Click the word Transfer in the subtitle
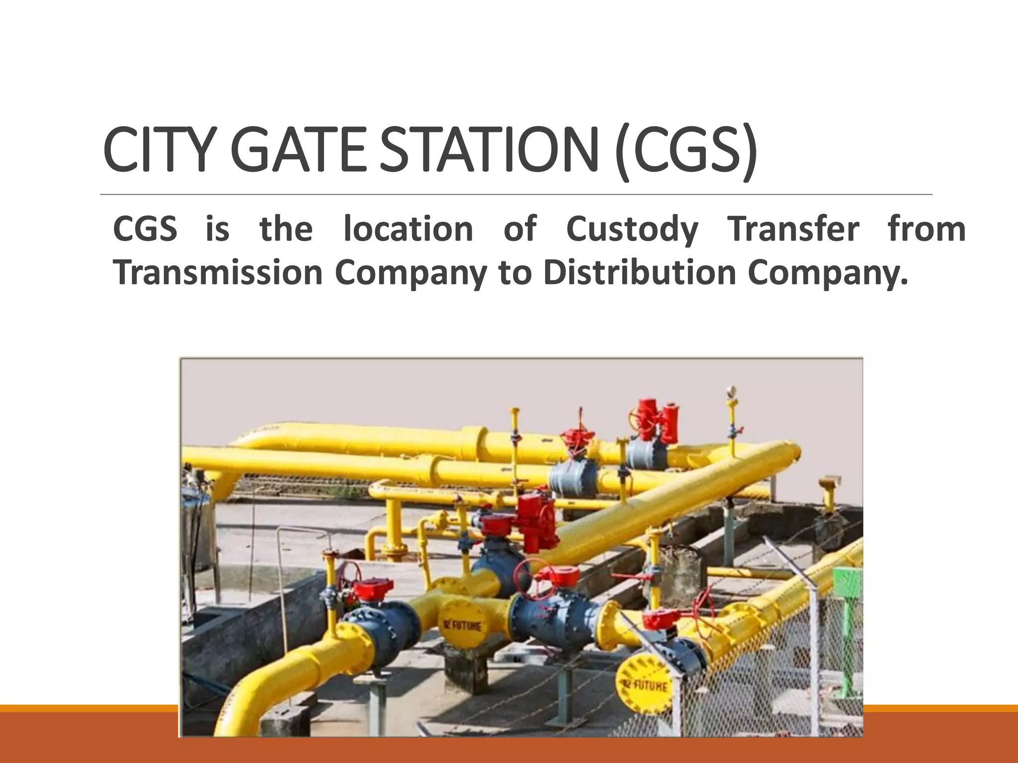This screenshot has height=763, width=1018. tap(793, 229)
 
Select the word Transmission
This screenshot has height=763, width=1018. tap(218, 273)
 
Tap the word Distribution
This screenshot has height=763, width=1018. tap(640, 273)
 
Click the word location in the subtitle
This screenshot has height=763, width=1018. tap(408, 229)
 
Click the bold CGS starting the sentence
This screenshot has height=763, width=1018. tap(145, 229)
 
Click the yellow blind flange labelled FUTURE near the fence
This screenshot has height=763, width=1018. tap(644, 685)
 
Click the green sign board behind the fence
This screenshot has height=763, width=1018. tap(848, 581)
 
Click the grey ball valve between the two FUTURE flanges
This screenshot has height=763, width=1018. tap(557, 618)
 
